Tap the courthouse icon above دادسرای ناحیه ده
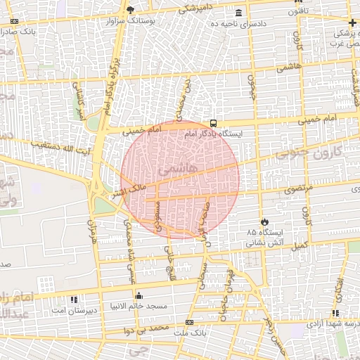(239, 13)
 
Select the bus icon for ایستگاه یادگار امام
(214, 121)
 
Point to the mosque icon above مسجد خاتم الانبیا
(139, 295)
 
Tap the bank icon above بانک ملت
(189, 323)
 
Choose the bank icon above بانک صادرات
(14, 21)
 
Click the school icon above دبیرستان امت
(56, 299)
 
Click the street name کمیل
(300, 245)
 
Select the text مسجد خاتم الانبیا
(138, 306)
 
